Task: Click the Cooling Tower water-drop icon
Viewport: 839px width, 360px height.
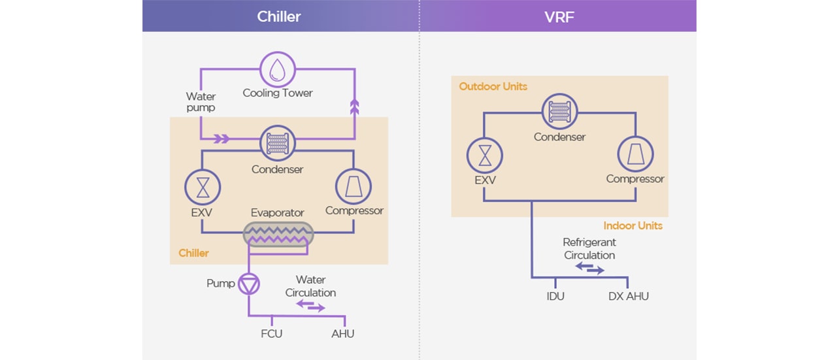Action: tap(278, 68)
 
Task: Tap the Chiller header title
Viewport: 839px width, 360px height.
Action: tap(279, 16)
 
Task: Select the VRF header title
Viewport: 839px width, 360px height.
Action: tap(559, 16)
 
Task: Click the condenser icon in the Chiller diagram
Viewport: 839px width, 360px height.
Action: tap(278, 142)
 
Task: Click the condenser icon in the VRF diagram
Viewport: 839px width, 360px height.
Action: tap(559, 112)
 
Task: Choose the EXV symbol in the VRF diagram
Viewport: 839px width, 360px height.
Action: tap(484, 155)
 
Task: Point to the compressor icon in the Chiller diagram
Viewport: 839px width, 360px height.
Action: tap(354, 188)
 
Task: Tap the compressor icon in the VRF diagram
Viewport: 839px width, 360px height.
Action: tap(635, 155)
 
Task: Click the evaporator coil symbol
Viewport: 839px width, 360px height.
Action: tap(278, 235)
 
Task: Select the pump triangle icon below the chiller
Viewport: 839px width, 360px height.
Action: tap(249, 284)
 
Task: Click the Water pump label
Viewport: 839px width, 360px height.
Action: tap(201, 102)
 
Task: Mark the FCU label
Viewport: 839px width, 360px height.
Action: tap(271, 334)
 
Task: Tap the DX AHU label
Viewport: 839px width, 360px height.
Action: tap(629, 296)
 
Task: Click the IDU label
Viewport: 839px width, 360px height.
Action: tap(555, 296)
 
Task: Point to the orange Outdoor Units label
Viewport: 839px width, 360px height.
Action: tap(493, 86)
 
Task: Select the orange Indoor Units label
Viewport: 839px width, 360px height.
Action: tap(633, 225)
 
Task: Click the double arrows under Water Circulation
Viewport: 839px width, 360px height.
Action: tap(310, 306)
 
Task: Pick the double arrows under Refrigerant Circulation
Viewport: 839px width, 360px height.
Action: tap(589, 268)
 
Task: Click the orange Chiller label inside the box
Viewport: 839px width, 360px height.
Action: tap(193, 253)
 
